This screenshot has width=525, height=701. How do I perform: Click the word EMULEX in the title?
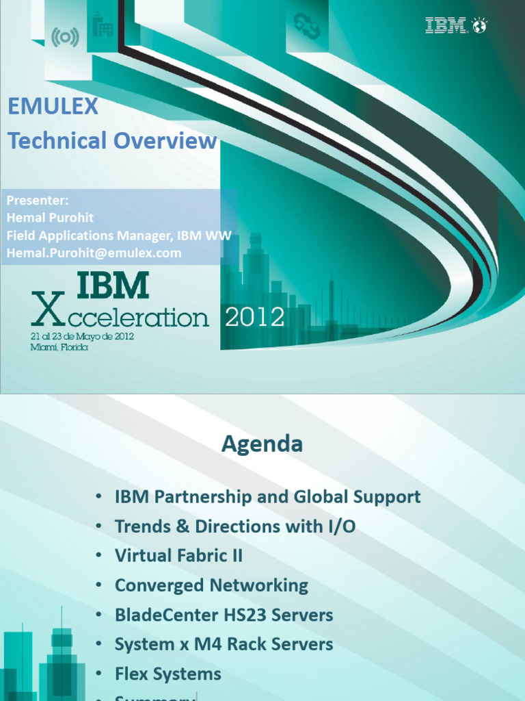[x=53, y=106]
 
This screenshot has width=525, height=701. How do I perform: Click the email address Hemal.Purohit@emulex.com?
[x=94, y=253]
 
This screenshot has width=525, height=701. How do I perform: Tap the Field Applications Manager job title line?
[x=119, y=235]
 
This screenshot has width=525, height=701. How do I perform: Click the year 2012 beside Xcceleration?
[x=255, y=317]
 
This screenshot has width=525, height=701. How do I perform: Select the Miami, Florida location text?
[x=60, y=347]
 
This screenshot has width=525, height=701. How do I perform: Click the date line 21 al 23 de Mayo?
[x=81, y=337]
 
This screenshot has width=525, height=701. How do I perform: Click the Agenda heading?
[x=262, y=445]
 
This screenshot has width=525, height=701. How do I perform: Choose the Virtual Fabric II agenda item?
[x=178, y=556]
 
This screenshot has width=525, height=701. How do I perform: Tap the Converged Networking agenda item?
[x=211, y=585]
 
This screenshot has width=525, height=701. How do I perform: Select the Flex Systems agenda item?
[x=167, y=674]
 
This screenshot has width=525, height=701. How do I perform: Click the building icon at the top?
[x=103, y=25]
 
